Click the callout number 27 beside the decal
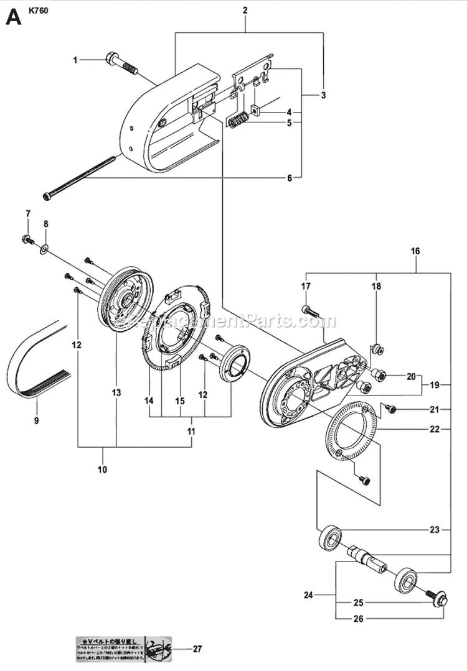pyautogui.click(x=198, y=650)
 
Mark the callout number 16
pyautogui.click(x=415, y=251)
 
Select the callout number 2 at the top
pyautogui.click(x=245, y=10)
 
